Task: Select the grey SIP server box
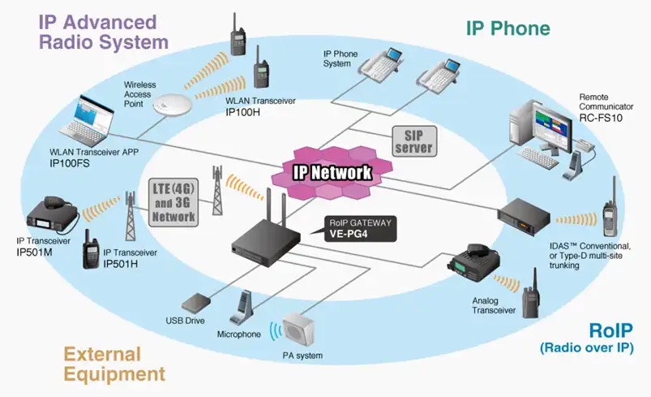pos(413,140)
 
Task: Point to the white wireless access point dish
pos(176,102)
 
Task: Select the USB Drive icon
pos(198,304)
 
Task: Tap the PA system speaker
pos(299,330)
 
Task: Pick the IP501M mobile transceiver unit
pos(51,213)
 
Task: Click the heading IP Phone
pos(508,28)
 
